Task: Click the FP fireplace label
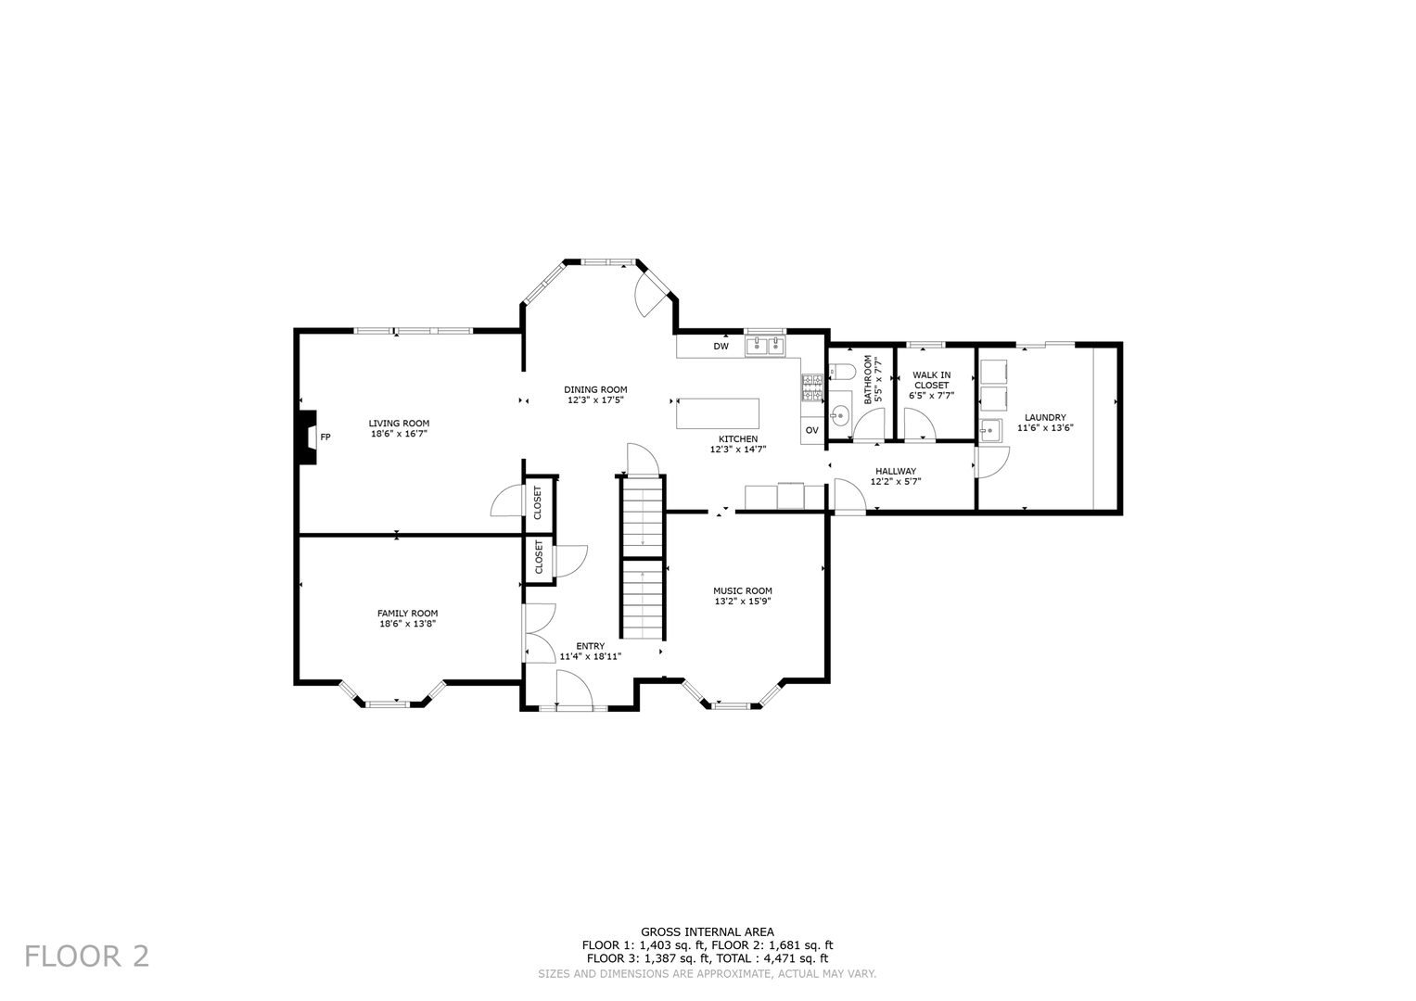(x=325, y=437)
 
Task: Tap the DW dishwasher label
(x=721, y=347)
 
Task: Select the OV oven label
(x=811, y=430)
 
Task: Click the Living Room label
(x=399, y=424)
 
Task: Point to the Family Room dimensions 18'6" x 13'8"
(x=407, y=624)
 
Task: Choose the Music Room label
(x=742, y=590)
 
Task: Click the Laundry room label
(x=1045, y=417)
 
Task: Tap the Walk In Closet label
(x=931, y=380)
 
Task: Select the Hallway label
(x=895, y=471)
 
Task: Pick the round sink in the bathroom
(x=839, y=412)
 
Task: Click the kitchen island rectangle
(x=718, y=413)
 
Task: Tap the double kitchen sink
(x=765, y=347)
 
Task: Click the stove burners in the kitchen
(x=812, y=387)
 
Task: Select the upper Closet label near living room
(x=538, y=502)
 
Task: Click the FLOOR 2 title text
(x=86, y=956)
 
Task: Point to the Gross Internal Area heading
(x=708, y=931)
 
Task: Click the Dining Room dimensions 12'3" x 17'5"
(x=595, y=400)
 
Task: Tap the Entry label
(x=590, y=646)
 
